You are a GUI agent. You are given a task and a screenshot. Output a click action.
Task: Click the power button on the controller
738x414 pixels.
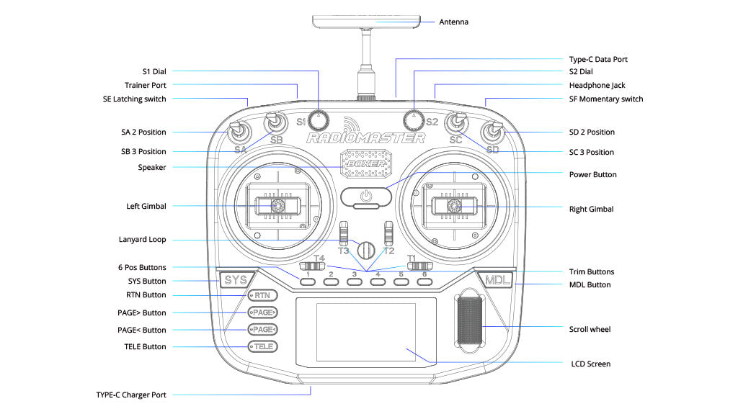366,195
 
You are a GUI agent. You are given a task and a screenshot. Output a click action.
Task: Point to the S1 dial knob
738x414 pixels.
319,118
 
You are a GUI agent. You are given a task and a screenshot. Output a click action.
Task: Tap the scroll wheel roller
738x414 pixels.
471,323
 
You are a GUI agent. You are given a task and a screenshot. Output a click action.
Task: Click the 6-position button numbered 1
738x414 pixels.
308,282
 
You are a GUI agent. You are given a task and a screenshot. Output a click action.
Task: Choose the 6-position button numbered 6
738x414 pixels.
424,282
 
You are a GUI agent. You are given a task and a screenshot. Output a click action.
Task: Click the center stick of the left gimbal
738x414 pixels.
276,206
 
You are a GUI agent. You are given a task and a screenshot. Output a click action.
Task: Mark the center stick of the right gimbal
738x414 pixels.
455,207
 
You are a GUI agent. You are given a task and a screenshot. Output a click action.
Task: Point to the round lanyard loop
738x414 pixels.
367,250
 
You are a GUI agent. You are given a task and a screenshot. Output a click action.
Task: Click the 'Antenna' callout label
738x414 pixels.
454,22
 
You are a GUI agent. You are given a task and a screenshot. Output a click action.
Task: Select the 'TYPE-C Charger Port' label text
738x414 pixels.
131,395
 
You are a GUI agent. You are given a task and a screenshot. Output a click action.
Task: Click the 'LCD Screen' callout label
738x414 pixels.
590,364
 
